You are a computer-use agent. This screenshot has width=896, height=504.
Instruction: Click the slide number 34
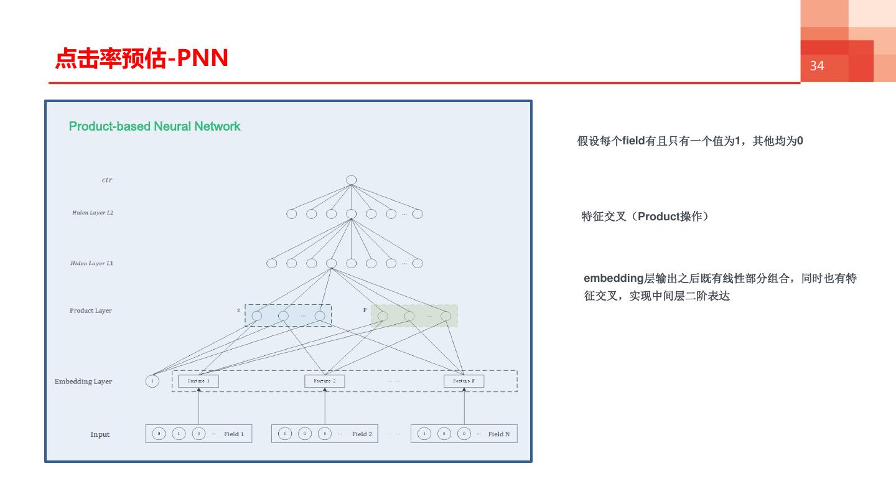click(816, 66)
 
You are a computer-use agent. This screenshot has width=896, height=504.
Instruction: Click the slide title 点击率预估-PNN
click(142, 58)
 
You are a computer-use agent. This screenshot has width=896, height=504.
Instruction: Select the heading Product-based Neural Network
click(154, 126)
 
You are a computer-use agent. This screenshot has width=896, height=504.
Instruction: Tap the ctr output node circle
click(352, 180)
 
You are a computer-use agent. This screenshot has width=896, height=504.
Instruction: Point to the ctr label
click(107, 180)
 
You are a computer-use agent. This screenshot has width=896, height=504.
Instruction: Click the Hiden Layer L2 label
click(93, 213)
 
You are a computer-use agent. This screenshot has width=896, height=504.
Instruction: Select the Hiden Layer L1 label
click(91, 263)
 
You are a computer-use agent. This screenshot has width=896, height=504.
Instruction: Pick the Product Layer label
click(90, 310)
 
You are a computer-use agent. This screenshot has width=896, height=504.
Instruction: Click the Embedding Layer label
click(83, 381)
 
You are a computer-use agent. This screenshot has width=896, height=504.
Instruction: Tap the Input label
click(100, 434)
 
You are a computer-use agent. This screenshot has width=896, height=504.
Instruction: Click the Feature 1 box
click(198, 381)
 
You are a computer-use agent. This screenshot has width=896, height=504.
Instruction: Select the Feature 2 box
click(324, 381)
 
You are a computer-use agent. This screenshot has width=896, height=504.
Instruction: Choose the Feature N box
click(464, 381)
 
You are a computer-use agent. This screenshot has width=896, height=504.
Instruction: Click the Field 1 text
click(234, 434)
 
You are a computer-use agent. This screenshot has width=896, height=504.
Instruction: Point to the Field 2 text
click(362, 434)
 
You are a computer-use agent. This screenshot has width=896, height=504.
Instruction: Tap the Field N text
click(499, 434)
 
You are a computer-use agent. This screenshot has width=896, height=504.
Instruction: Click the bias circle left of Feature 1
click(152, 381)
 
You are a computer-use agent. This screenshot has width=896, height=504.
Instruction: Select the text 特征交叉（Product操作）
click(645, 217)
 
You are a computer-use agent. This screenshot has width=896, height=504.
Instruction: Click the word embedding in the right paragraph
click(613, 278)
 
